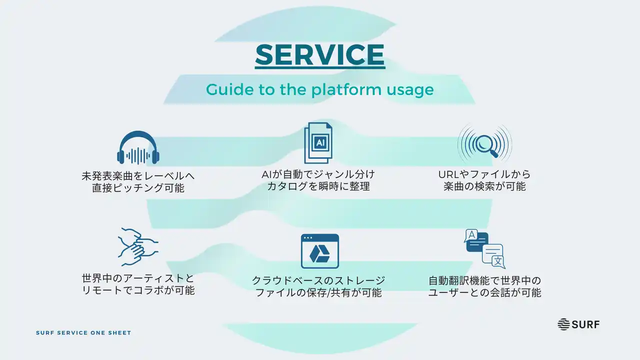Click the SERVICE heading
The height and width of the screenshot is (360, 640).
(320, 54)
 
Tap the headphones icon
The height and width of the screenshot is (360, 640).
(138, 148)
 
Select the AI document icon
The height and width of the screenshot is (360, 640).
(318, 143)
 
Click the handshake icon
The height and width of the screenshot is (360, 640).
(137, 246)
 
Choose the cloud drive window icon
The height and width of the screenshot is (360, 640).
(320, 251)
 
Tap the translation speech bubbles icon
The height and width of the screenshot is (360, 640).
(484, 248)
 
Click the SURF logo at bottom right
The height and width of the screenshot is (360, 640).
(578, 324)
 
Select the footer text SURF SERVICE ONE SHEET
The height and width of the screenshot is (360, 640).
(83, 333)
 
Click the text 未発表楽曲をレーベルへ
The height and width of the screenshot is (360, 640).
(138, 176)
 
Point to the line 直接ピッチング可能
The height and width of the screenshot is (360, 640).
(138, 188)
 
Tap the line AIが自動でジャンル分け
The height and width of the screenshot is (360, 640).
(318, 174)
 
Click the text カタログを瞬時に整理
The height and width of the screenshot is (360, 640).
(318, 187)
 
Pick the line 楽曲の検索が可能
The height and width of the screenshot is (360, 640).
(484, 187)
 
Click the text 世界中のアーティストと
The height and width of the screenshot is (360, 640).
(138, 278)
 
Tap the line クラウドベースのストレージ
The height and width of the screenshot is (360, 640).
(318, 280)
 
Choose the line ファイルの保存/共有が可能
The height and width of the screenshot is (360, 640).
(318, 292)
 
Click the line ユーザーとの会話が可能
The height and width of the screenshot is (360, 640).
(484, 292)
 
